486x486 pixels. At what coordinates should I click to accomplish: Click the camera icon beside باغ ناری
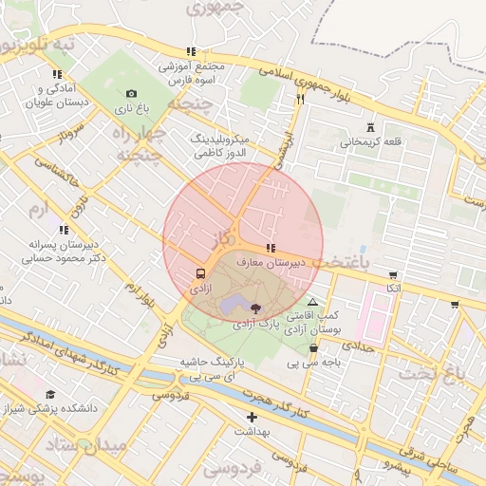point(131,93)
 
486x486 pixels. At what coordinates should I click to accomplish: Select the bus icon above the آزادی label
point(200,271)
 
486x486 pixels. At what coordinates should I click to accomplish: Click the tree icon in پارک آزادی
point(254,307)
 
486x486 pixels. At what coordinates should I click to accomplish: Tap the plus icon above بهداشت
point(252,417)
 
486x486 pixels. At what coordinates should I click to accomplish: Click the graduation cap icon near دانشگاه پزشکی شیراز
point(49,394)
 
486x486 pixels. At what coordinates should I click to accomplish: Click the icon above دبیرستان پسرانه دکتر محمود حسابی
point(64,230)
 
